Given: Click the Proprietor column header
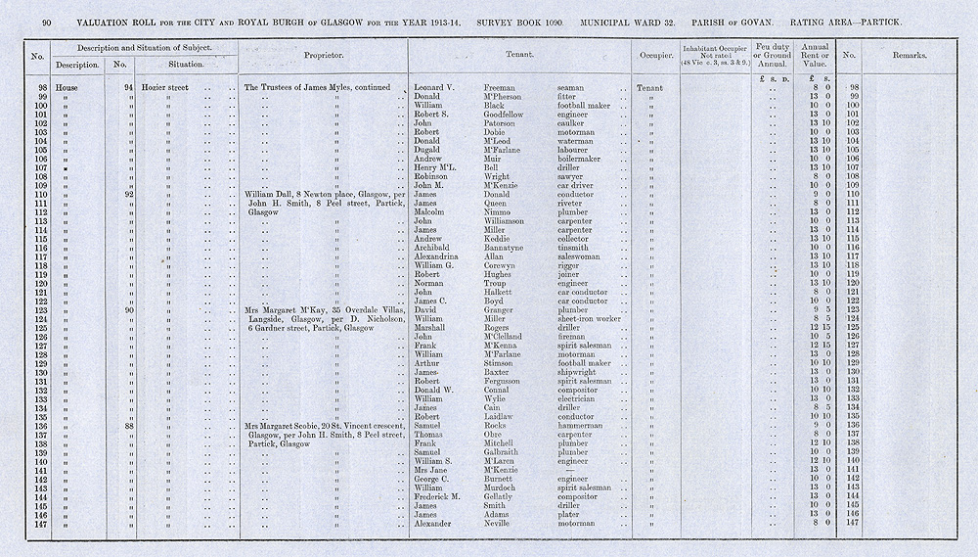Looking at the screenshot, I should point(323,57).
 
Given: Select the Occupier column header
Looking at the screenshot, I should point(653,56).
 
